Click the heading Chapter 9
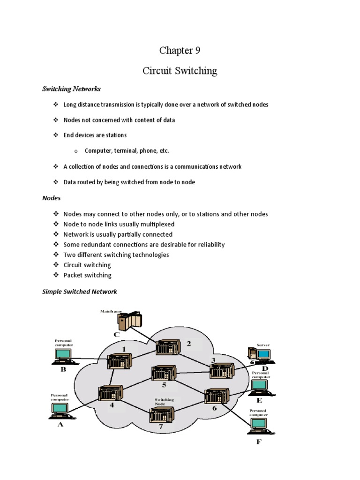coord(180,51)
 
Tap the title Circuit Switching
coord(180,71)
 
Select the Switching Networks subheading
coord(71,89)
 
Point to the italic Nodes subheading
coord(52,198)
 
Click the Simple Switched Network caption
coord(79,292)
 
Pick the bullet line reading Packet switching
coord(87,275)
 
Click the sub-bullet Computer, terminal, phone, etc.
coord(127,151)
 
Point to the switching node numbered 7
coord(161,415)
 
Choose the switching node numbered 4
coord(111,393)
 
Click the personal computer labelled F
coord(259,426)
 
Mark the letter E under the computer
coord(259,401)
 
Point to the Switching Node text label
coord(165,402)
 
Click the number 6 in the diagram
coord(215,408)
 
